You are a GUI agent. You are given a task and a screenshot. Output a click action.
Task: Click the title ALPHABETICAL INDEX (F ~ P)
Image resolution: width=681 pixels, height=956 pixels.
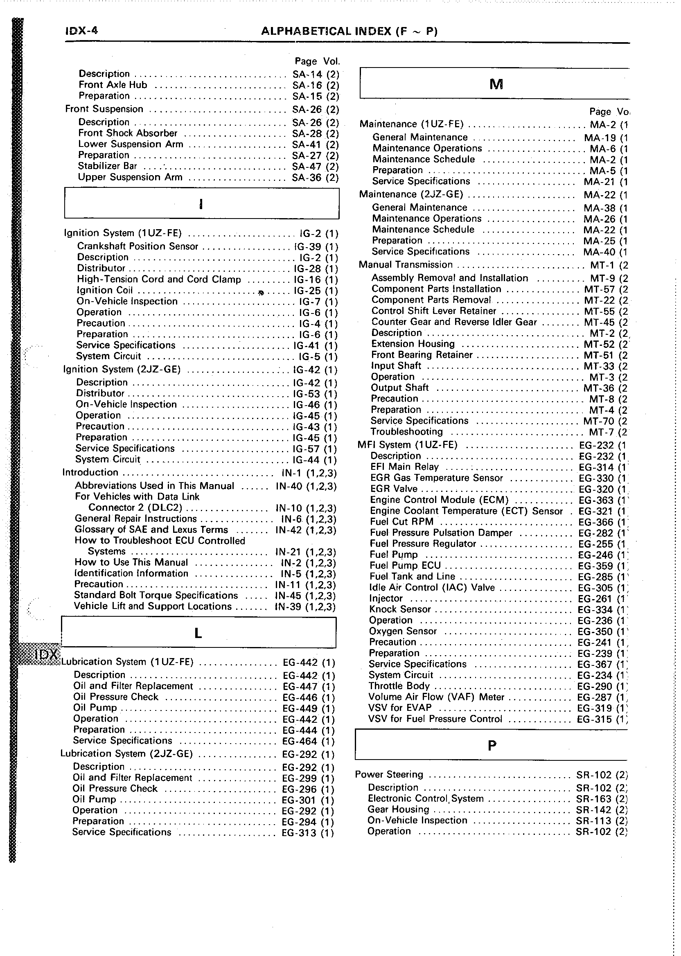point(349,32)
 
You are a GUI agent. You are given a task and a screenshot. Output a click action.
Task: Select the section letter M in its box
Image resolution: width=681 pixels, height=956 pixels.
point(496,85)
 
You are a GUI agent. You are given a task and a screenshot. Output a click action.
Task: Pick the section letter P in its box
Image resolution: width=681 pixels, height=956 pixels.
point(492,746)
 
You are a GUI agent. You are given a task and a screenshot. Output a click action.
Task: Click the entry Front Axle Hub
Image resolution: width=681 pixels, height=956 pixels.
point(113,85)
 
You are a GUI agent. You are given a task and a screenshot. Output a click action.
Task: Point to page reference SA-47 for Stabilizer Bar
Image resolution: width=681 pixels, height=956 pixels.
point(307,167)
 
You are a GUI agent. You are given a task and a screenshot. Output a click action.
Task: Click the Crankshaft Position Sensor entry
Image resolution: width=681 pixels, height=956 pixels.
point(137,246)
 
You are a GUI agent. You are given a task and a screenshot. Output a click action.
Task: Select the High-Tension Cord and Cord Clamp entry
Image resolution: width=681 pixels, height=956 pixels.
point(158,279)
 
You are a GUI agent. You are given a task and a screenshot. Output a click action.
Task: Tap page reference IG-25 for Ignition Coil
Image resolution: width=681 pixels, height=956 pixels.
point(307,291)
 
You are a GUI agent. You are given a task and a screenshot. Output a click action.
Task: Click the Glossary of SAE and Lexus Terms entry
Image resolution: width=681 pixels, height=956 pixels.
point(151,530)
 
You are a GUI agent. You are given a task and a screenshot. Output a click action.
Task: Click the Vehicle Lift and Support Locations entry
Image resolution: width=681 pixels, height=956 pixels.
point(153,607)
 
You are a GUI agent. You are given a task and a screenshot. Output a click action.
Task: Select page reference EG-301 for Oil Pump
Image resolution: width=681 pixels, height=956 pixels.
point(299,800)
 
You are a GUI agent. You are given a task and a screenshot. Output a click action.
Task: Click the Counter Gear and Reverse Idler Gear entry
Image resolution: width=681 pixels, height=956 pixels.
point(454,322)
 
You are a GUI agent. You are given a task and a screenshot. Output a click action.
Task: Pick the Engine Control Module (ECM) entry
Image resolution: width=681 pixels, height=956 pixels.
point(439,500)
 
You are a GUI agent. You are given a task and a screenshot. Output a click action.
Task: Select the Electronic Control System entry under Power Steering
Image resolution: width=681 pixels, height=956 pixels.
point(425,799)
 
